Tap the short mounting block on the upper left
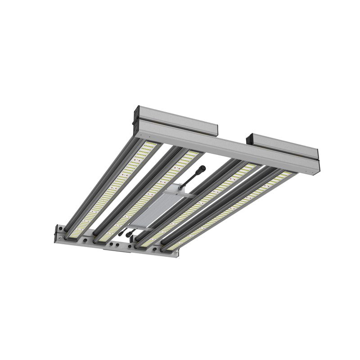(175, 120)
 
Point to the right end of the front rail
(175, 253)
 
